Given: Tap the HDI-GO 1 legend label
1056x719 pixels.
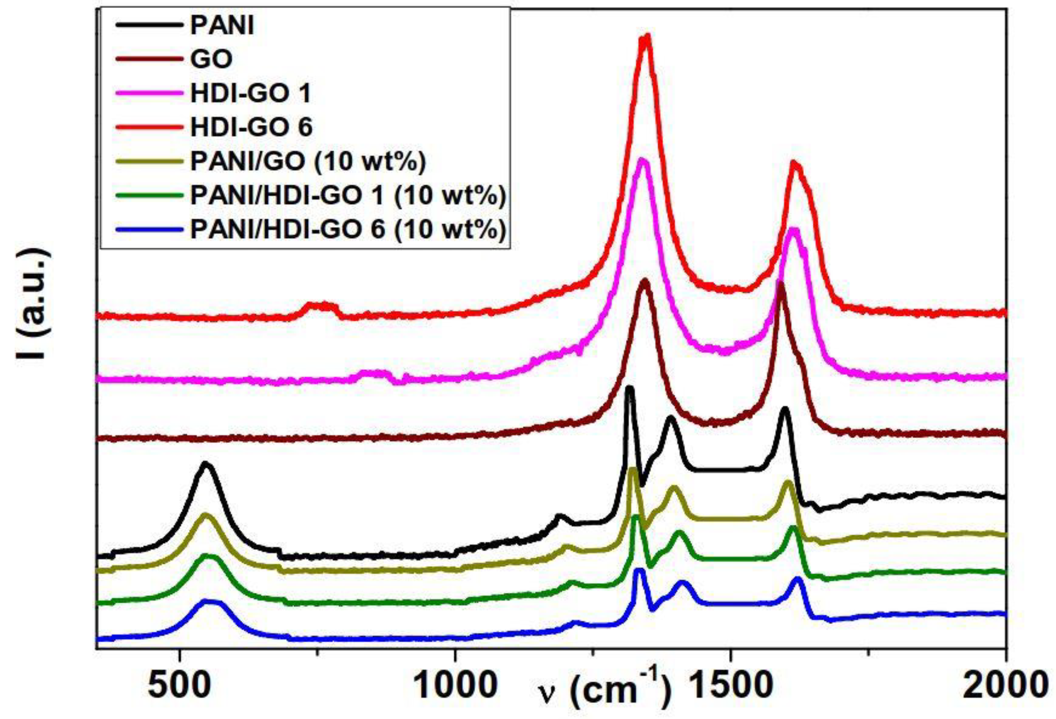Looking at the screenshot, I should (251, 94).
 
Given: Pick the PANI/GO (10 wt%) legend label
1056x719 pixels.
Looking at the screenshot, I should (308, 162).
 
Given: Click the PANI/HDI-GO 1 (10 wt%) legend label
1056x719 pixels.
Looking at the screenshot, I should (348, 196).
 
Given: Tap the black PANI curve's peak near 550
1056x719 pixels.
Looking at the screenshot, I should (206, 464).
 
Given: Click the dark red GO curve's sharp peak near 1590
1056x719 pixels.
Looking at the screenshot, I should (781, 283).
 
